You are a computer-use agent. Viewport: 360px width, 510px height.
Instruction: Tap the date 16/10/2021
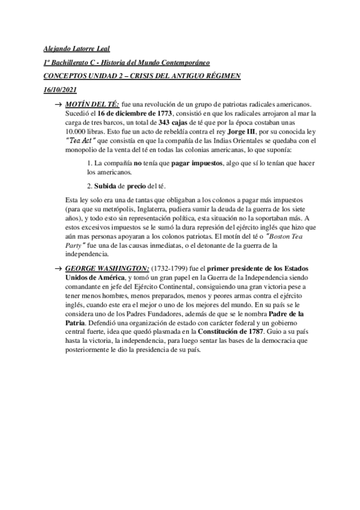(61, 90)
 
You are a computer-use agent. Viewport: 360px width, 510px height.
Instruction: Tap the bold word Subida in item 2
(106, 185)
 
